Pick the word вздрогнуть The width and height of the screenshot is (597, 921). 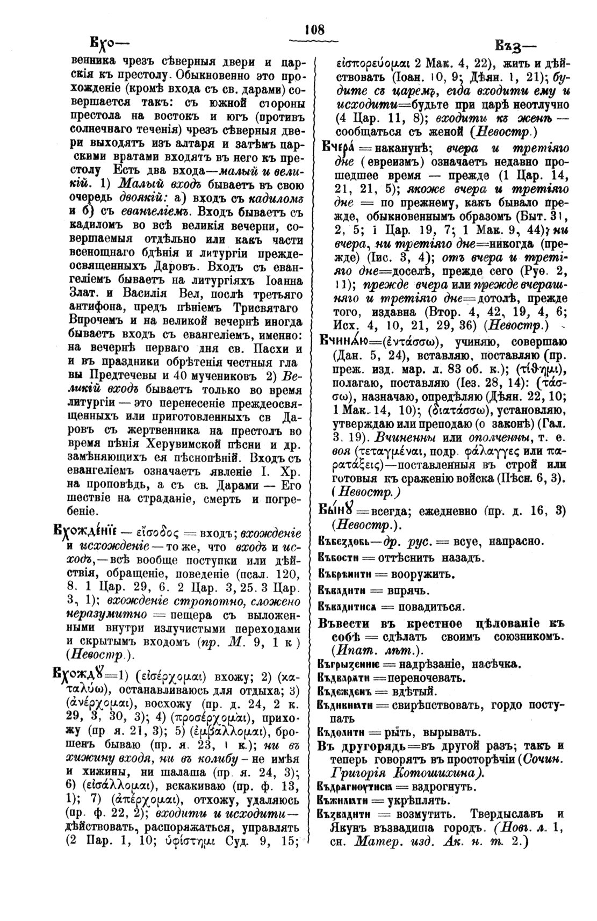pos(440,787)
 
